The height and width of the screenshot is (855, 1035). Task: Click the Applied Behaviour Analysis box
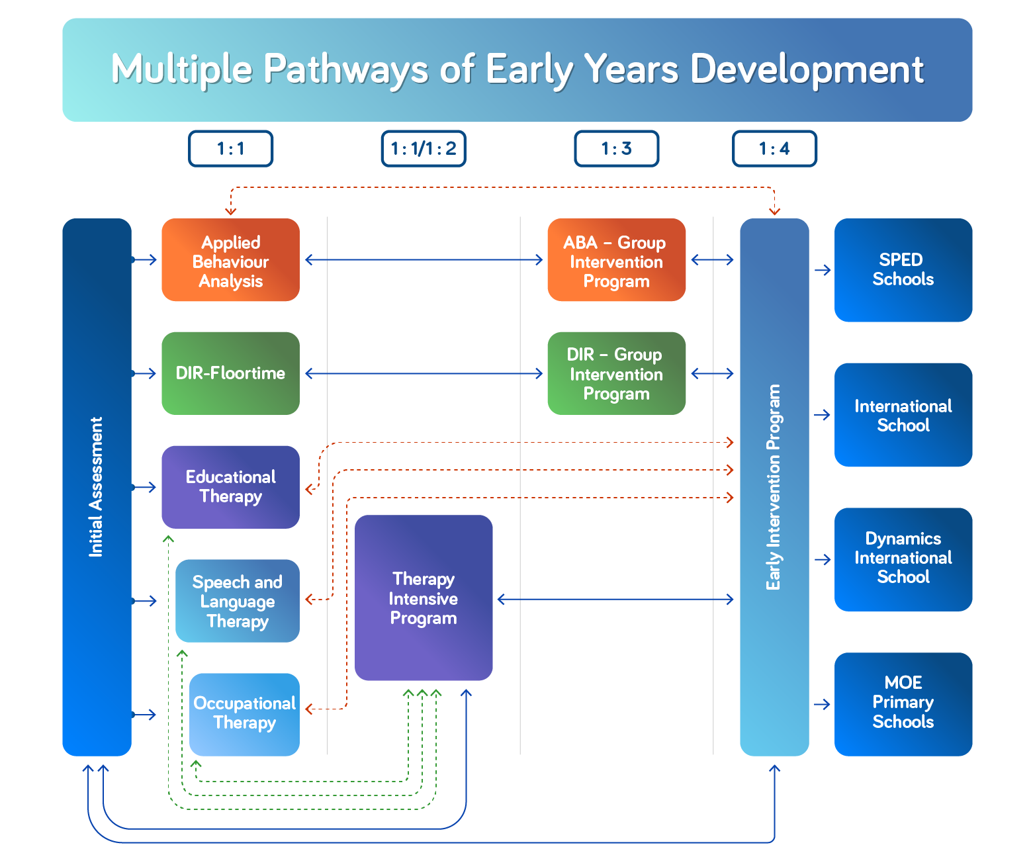(230, 261)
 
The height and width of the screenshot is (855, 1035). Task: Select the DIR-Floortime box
(230, 373)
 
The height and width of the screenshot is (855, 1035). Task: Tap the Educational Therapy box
(230, 486)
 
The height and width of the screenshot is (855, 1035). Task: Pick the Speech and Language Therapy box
(237, 601)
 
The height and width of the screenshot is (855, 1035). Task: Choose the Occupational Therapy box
(244, 713)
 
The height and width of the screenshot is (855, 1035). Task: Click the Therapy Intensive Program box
(424, 598)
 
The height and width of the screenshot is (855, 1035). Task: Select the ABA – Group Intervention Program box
(616, 261)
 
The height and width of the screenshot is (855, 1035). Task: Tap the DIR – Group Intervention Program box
(616, 373)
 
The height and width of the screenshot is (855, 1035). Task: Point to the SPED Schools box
(903, 270)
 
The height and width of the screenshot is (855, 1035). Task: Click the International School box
(903, 415)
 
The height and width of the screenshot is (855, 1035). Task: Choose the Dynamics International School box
(903, 559)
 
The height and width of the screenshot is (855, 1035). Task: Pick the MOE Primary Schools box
(903, 703)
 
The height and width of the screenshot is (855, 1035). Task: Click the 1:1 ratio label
(230, 148)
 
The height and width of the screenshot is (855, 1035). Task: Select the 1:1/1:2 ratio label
(424, 148)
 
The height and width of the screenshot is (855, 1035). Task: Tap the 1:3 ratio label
(616, 148)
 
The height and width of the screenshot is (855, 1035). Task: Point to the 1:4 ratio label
(774, 148)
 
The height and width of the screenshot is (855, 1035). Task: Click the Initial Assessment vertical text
(97, 486)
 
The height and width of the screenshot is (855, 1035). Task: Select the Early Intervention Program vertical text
(774, 486)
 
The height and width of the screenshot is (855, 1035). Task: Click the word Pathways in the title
(346, 69)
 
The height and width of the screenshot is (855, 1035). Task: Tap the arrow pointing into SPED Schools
(823, 270)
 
